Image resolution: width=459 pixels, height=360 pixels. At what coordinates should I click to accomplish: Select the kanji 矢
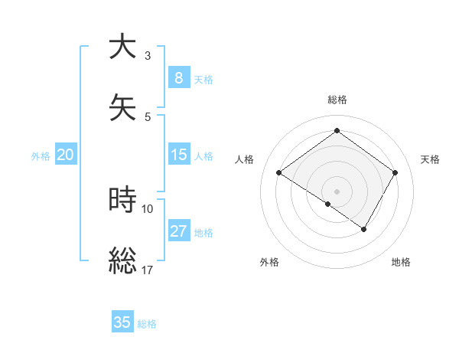coord(123,107)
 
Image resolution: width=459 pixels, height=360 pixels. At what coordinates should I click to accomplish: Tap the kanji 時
coord(123,200)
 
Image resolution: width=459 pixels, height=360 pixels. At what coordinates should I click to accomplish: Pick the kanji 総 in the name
coord(123,261)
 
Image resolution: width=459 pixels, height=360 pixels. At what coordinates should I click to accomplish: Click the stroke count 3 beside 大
coord(148,55)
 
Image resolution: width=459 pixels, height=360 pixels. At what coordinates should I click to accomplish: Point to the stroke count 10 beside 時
coord(148,208)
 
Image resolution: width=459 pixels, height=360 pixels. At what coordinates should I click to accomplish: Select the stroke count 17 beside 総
coord(148,270)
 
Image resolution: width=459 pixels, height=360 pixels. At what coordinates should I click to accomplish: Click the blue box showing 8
coord(178,77)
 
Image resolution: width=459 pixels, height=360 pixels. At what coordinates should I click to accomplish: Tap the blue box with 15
coord(178,155)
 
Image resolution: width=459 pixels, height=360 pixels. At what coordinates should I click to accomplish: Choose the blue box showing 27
coord(178,231)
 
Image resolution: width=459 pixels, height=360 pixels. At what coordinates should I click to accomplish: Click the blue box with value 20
coord(65,155)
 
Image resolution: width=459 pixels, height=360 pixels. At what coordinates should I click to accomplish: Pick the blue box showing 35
coord(122,322)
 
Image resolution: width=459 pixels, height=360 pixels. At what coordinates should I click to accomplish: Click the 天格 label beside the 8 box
coord(203,80)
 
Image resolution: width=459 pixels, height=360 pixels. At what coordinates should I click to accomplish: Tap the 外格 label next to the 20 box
coord(41,156)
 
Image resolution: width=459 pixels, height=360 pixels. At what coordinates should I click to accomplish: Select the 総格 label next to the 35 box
coord(147,324)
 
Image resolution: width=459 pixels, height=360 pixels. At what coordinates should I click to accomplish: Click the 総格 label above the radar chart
coord(337,100)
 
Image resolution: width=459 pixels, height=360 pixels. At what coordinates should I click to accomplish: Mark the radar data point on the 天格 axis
coord(395,173)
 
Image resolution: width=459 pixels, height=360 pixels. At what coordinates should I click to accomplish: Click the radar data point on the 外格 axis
coord(328,205)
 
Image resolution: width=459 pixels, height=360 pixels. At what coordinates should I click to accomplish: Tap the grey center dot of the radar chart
coord(337,191)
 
